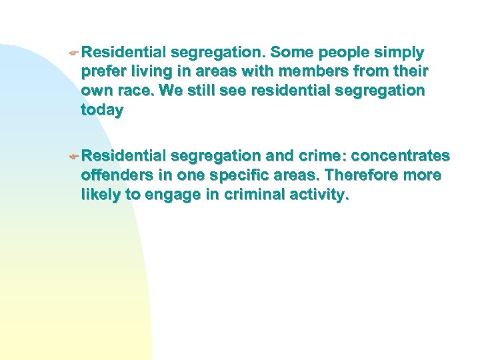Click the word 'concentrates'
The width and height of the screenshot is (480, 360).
pos(400,157)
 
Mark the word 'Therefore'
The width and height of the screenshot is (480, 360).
pos(364,176)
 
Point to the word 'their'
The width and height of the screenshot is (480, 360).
pos(409,71)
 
